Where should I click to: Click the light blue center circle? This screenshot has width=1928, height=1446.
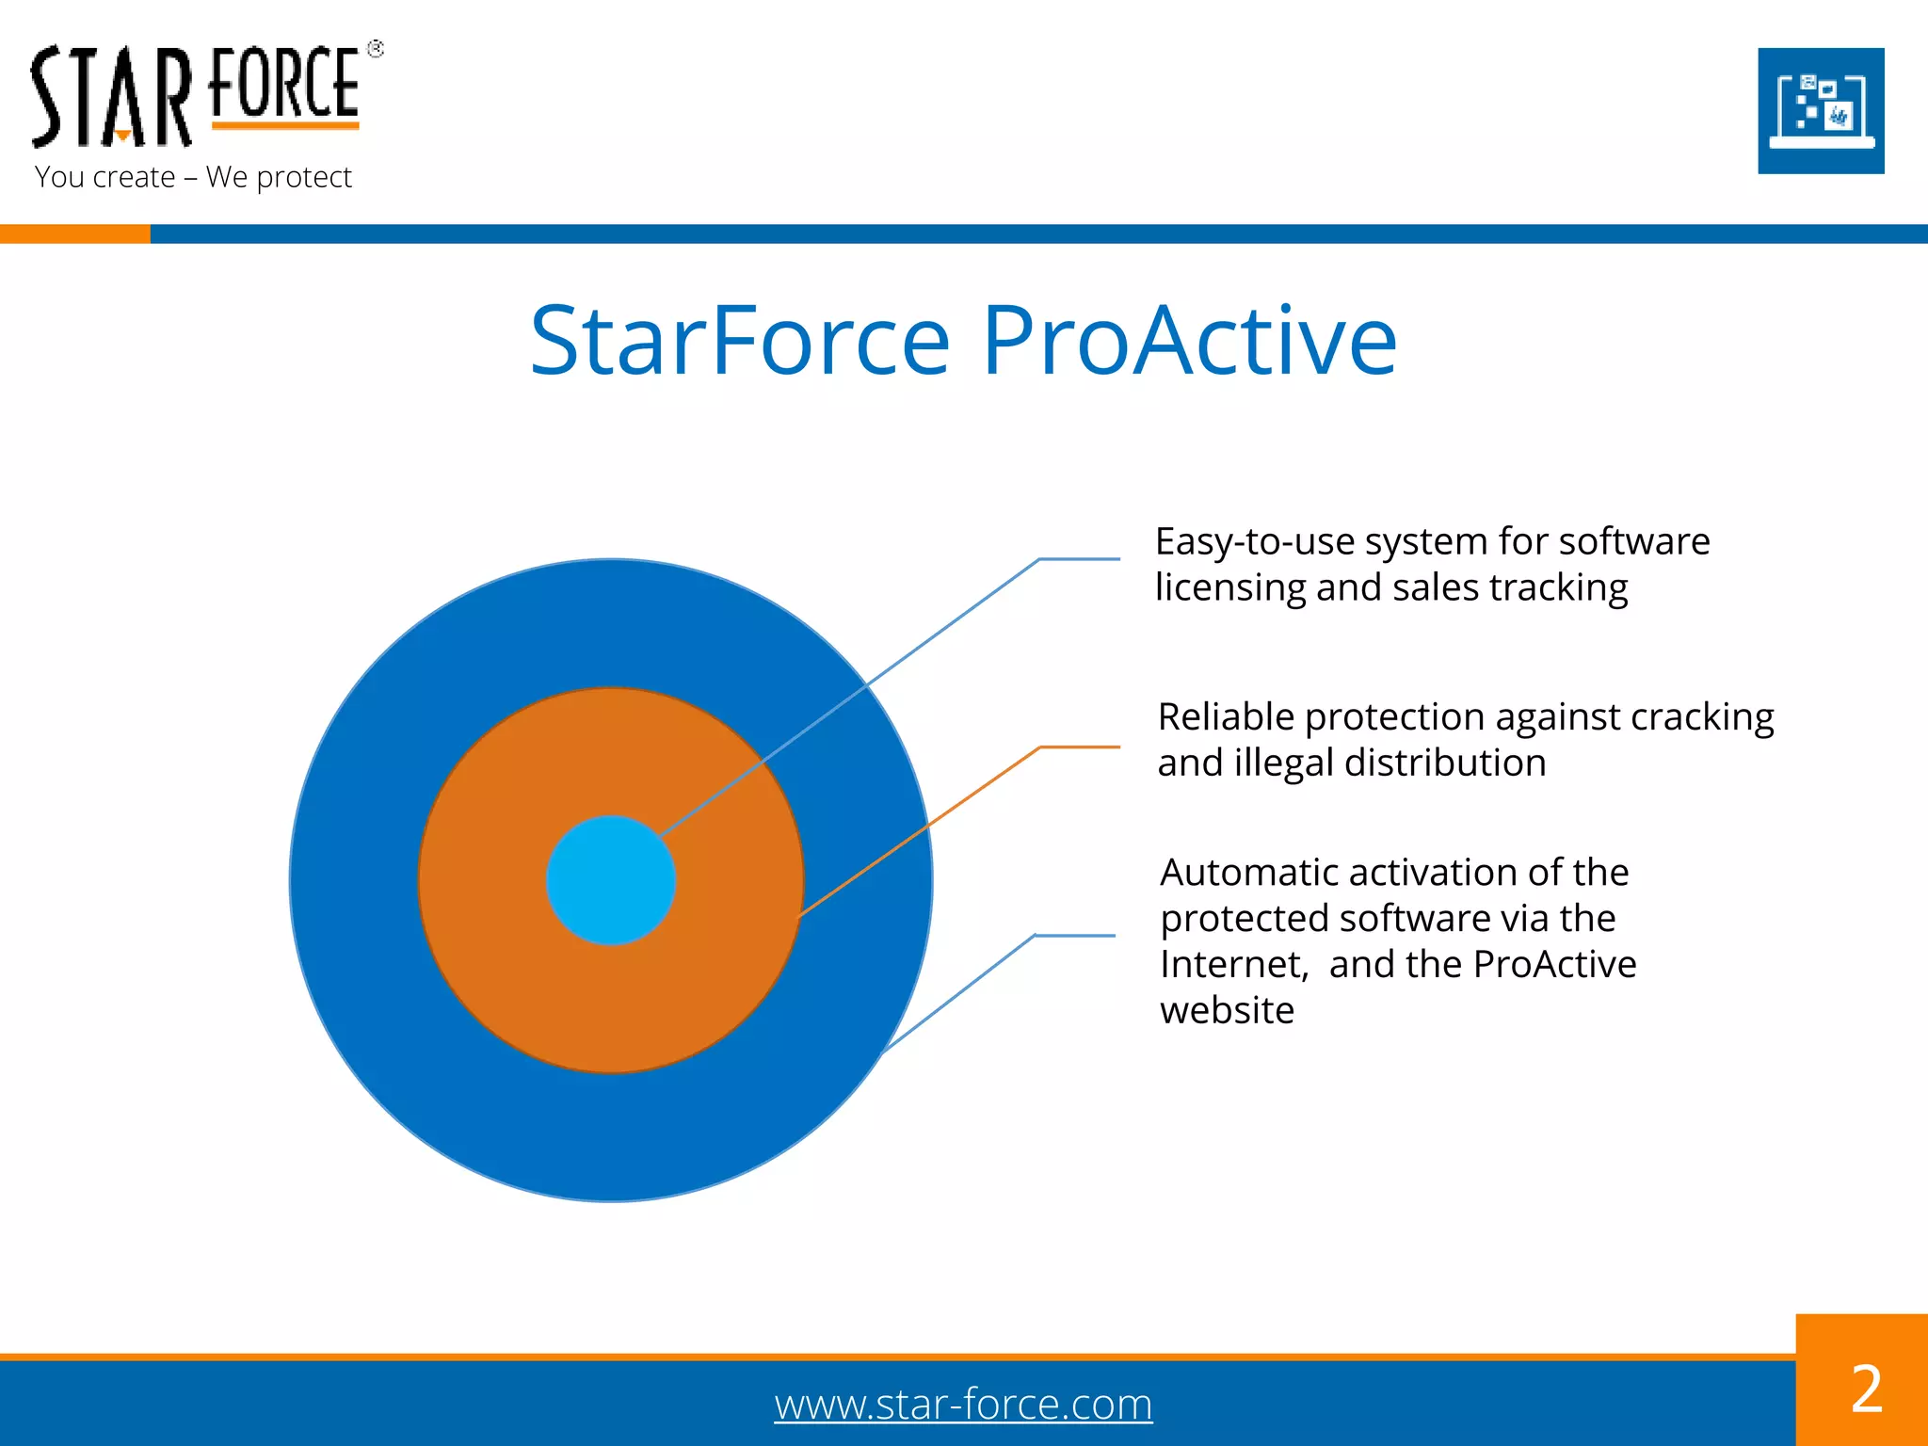click(610, 880)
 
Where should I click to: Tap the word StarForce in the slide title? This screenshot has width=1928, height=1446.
click(740, 341)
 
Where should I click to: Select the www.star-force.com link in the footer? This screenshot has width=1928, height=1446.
click(963, 1404)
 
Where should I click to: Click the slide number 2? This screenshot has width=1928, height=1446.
click(1866, 1389)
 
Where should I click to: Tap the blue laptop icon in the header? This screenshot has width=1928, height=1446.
click(1821, 111)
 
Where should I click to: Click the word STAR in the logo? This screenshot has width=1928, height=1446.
click(111, 98)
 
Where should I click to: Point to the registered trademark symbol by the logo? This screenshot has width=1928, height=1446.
click(376, 49)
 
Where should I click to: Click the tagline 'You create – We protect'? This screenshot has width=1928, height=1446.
click(193, 177)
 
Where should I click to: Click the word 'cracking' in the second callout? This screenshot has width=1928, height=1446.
click(1702, 717)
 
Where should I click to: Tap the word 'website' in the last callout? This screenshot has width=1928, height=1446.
click(1227, 1011)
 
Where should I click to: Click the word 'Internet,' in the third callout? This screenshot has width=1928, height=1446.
click(1233, 965)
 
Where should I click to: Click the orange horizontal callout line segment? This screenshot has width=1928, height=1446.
click(1080, 747)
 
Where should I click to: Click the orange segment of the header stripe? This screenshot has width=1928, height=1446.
click(74, 233)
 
